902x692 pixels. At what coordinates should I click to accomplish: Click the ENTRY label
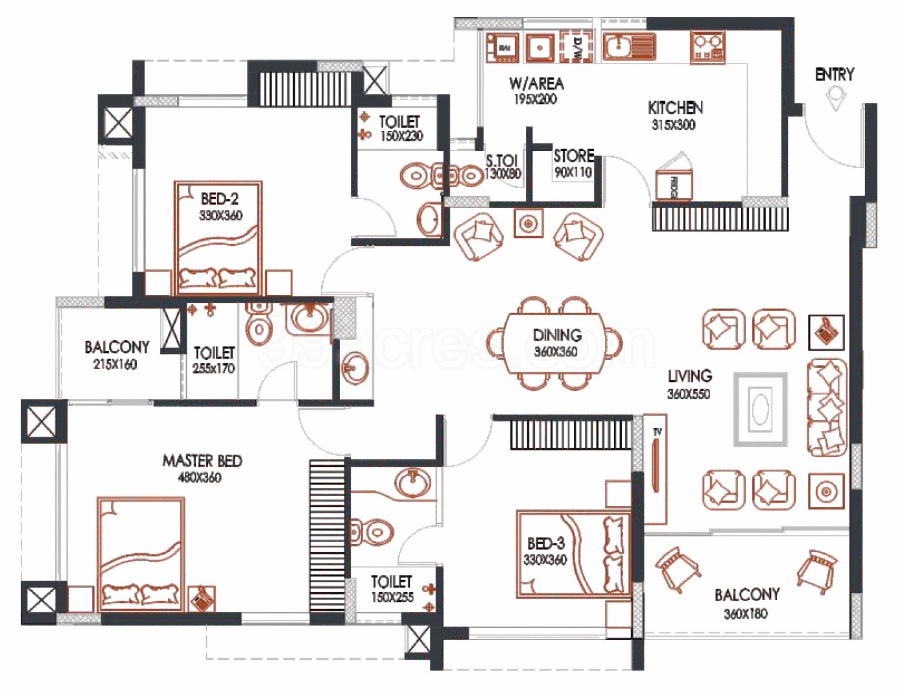point(834,75)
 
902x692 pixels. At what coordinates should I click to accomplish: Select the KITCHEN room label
point(675,108)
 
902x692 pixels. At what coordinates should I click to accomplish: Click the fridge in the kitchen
point(674,184)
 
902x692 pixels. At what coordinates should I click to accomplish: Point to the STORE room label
point(573,156)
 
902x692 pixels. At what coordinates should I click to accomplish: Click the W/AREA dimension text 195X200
point(535,99)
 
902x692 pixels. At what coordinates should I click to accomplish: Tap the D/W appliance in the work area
point(576,47)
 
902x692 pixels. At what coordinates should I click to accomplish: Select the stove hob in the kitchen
point(707,47)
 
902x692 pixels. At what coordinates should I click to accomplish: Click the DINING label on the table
point(556,335)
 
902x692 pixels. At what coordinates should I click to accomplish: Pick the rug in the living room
point(760,409)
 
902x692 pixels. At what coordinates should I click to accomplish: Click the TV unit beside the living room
point(656,469)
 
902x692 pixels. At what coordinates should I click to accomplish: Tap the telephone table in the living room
point(826,331)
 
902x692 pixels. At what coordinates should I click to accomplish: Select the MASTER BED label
point(202,461)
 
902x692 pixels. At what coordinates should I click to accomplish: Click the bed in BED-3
point(573,553)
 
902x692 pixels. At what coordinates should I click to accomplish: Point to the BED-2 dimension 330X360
point(220,215)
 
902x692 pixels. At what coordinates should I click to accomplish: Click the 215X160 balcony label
point(115,364)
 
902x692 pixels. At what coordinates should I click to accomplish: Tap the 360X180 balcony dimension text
point(746,614)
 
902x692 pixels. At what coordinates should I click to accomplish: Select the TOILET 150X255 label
point(392,589)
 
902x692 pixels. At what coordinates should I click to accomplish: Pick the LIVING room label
point(689,376)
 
